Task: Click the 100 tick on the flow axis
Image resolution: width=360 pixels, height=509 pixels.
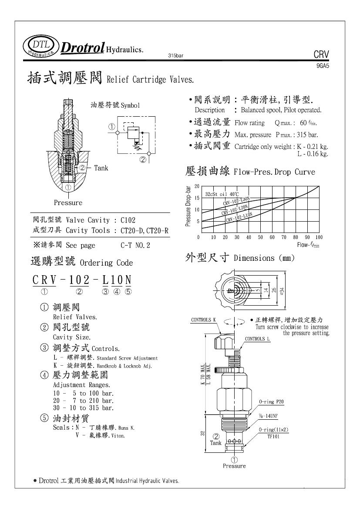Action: (319, 237)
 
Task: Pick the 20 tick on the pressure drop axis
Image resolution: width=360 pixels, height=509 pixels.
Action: (197, 186)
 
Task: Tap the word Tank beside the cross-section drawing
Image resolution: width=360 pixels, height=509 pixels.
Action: (101, 168)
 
